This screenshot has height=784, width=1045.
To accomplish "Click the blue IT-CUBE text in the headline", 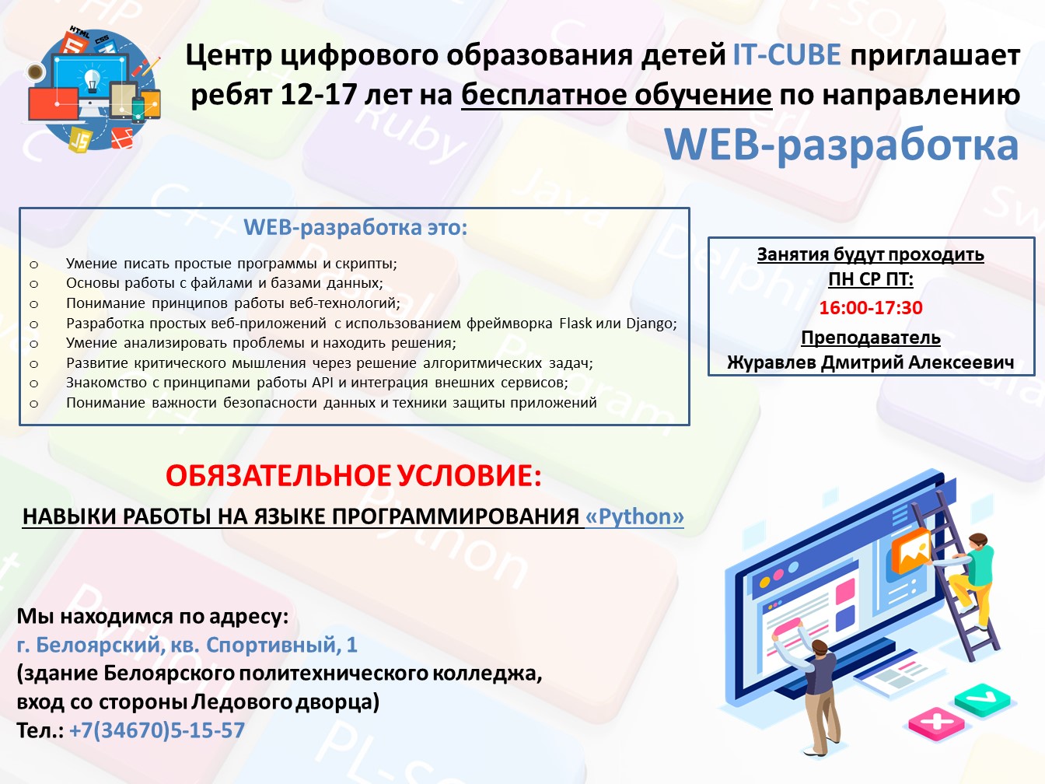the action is pos(787,54).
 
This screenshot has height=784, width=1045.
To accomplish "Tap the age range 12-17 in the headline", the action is pos(319,94).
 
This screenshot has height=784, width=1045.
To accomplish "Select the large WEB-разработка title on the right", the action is pos(841,145).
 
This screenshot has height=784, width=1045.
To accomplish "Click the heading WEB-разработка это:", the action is pos(355,228).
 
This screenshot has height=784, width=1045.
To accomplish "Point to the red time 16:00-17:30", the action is pos(871,307).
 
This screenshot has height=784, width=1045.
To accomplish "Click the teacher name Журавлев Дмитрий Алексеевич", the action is pos(871,362).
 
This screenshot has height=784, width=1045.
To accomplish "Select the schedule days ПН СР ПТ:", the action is pos(871,279).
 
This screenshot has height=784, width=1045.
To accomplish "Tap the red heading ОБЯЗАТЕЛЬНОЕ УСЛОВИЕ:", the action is pos(354,475).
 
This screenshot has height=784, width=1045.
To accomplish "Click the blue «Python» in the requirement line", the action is pos(634,516).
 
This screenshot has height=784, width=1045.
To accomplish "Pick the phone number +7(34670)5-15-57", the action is pos(157,730).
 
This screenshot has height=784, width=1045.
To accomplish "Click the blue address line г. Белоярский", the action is pos(187,645).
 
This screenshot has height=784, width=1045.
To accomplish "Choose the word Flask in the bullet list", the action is pos(575,324).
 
